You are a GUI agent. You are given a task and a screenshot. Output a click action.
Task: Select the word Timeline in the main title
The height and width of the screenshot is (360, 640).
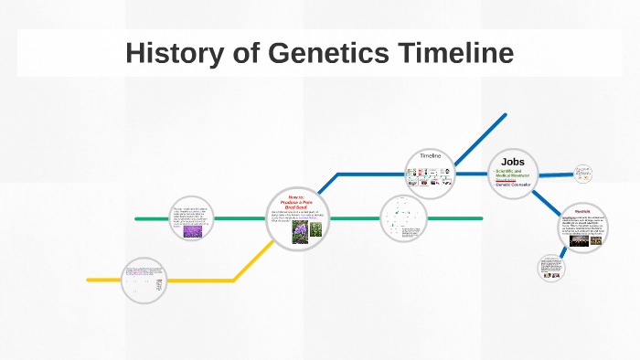[453, 53]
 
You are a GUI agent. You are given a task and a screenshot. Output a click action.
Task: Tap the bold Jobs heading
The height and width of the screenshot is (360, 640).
[513, 162]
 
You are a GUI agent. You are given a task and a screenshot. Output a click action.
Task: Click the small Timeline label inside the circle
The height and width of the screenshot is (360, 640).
[431, 156]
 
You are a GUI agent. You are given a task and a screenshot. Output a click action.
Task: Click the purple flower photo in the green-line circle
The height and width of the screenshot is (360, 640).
[192, 231]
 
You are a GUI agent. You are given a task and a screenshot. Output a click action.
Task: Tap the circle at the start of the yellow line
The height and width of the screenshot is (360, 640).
[144, 280]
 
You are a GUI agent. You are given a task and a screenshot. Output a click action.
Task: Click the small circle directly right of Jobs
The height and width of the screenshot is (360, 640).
[583, 173]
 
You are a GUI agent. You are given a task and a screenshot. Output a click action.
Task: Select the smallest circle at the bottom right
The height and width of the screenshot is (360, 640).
[551, 267]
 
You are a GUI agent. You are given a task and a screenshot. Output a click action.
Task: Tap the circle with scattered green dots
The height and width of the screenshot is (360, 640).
[403, 218]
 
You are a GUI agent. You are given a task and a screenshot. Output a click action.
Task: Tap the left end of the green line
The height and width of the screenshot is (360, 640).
[137, 219]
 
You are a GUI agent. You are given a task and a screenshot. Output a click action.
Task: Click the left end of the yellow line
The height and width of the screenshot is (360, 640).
[90, 280]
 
